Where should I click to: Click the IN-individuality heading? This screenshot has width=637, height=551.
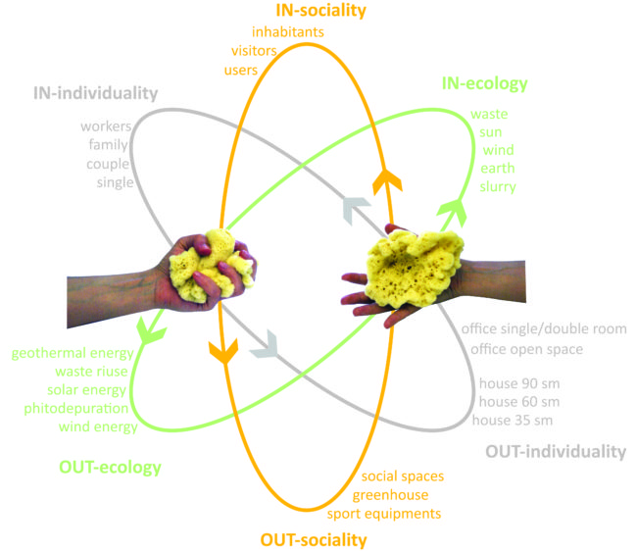tap(95, 94)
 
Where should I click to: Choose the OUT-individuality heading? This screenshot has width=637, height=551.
tap(555, 451)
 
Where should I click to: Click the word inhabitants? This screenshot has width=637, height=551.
tap(288, 31)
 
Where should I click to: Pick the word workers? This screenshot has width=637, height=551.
tap(106, 127)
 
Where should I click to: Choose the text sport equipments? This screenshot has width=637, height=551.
tap(384, 513)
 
